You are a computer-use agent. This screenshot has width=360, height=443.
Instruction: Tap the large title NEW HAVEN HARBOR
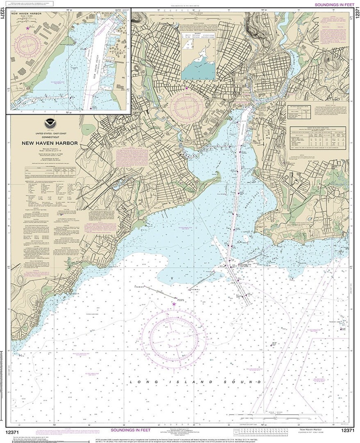(50, 143)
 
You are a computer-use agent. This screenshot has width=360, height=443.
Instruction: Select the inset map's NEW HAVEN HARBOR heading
(24, 14)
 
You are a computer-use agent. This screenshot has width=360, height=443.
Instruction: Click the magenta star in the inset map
(27, 28)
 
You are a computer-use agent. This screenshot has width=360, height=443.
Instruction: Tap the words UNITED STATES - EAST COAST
(50, 133)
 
